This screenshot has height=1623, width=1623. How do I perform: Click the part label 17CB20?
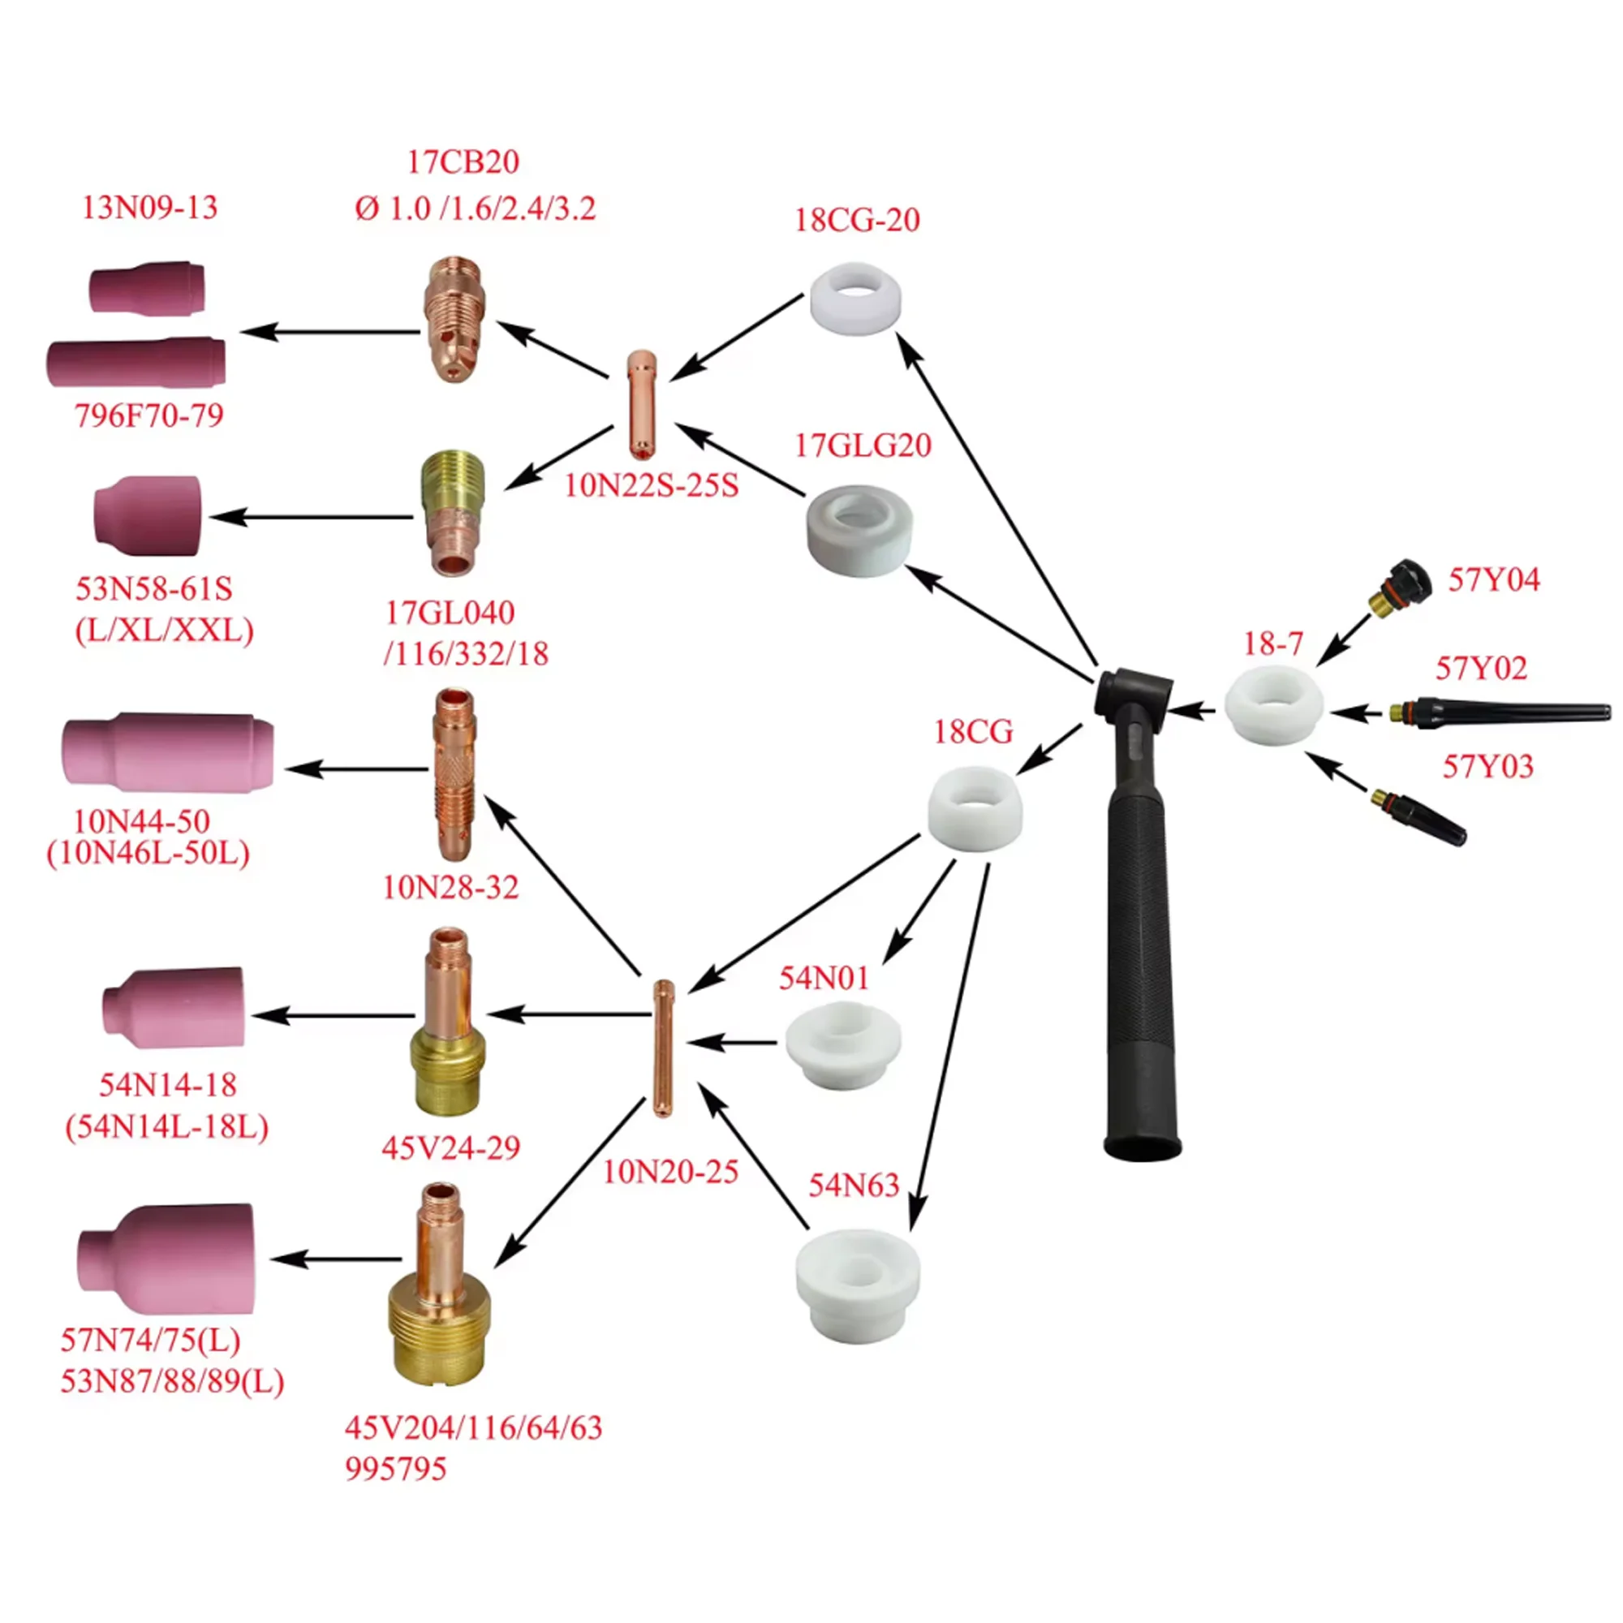463,161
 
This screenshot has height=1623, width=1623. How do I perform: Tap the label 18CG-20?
857,220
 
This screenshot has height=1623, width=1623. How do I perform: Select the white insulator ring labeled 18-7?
1273,706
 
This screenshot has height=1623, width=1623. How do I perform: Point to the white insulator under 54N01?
842,1044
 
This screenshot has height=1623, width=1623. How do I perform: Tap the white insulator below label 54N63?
857,1286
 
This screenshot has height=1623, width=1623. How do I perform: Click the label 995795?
396,1492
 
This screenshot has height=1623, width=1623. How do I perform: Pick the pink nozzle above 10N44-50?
167,754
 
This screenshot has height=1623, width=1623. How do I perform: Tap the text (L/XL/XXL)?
165,631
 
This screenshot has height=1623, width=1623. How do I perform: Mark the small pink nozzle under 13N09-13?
148,286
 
